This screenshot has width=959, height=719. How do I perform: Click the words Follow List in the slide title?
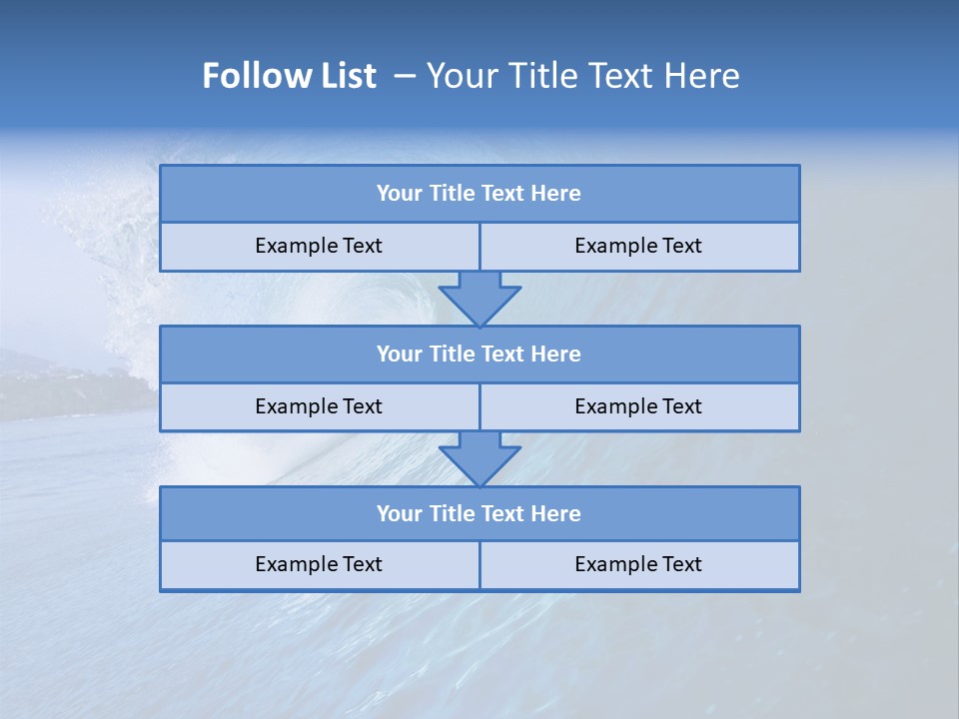(x=289, y=76)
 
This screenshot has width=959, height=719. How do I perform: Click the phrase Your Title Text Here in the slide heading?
(x=583, y=76)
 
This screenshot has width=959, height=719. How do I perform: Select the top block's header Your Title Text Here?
(x=479, y=194)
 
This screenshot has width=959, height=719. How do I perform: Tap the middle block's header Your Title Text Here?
(x=479, y=354)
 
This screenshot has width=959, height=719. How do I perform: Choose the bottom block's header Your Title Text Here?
(x=479, y=513)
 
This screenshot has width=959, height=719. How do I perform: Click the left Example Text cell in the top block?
(x=319, y=246)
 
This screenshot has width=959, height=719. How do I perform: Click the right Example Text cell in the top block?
(x=638, y=246)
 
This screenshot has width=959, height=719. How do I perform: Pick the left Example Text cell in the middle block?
(x=319, y=406)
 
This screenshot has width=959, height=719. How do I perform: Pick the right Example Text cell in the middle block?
(x=638, y=406)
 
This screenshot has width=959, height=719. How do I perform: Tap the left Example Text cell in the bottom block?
(x=319, y=564)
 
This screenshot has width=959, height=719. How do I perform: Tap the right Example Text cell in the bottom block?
(x=638, y=564)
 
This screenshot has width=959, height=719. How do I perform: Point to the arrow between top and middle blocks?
(x=479, y=298)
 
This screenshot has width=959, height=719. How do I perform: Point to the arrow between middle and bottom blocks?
(x=479, y=458)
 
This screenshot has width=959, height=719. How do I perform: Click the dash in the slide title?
(x=406, y=76)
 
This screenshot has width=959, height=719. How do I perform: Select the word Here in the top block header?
(x=556, y=194)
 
